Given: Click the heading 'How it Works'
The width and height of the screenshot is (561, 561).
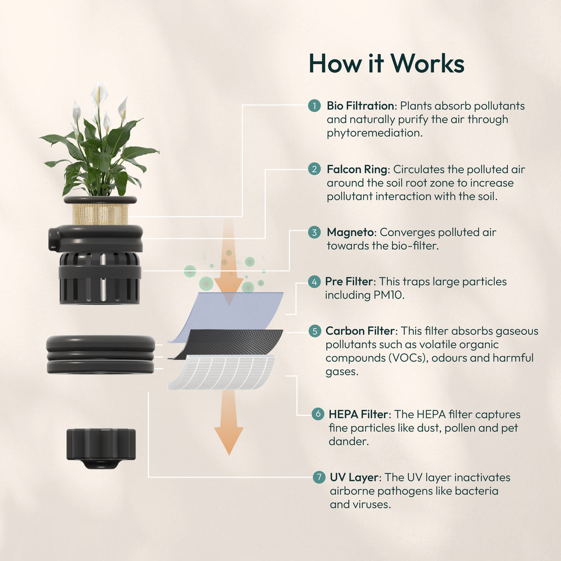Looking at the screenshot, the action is (x=386, y=64).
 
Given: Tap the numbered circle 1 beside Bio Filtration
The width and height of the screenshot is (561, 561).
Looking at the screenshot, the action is (x=314, y=106).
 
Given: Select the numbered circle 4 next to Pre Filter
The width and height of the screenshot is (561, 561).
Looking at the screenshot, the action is (x=314, y=282).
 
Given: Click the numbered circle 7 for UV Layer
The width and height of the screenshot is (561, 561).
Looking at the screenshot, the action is (x=318, y=477).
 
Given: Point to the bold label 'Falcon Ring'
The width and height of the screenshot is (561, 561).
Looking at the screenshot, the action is (x=357, y=169).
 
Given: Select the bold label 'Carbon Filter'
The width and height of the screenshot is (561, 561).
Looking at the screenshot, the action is (x=360, y=331).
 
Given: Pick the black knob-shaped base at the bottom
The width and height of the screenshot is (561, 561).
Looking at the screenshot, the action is (x=101, y=446).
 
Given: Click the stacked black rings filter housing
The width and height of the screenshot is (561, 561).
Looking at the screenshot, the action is (x=100, y=354).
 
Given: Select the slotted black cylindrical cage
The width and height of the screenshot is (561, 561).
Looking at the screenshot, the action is (x=100, y=278).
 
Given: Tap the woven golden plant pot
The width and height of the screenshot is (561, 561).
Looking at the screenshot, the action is (x=100, y=213).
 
